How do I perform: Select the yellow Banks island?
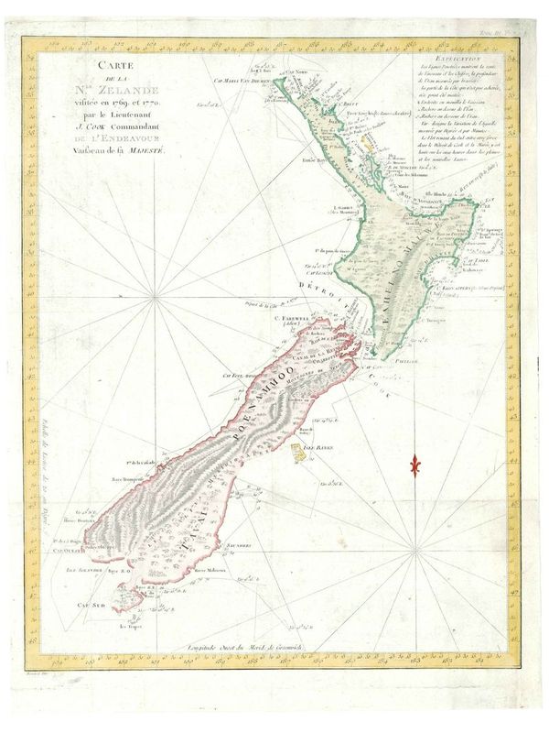pyautogui.click(x=298, y=450)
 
